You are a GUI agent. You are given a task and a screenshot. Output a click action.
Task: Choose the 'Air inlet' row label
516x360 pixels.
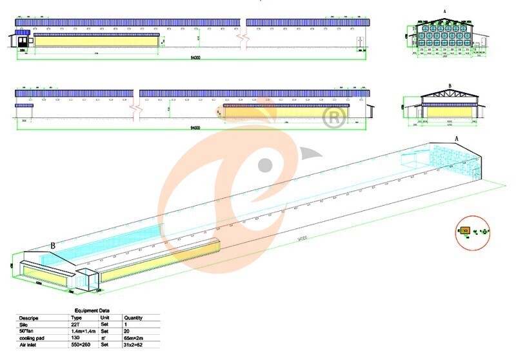pos(28,345)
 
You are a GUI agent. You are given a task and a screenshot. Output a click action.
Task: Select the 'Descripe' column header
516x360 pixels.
pos(29,317)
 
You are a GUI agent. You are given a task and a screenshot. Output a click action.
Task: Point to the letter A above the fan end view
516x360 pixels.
pos(445,12)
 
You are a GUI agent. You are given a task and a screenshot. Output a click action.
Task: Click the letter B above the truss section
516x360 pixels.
pos(450,86)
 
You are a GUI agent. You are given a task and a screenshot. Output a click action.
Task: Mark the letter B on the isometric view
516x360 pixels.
pos(52,245)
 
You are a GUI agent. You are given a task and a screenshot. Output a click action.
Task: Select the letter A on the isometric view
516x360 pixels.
pos(457,139)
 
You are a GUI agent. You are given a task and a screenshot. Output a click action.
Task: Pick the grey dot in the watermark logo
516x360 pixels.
pos(265,164)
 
